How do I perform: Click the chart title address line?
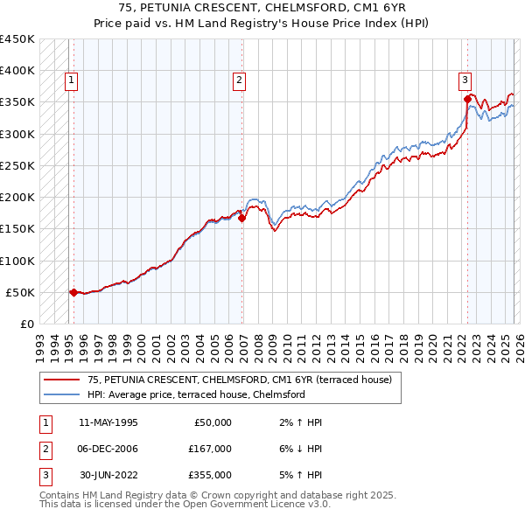click(262, 10)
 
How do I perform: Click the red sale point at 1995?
click(73, 292)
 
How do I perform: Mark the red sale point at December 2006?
click(241, 219)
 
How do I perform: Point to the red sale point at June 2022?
click(468, 100)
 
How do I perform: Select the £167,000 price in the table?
click(210, 449)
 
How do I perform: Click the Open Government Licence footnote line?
click(185, 504)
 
